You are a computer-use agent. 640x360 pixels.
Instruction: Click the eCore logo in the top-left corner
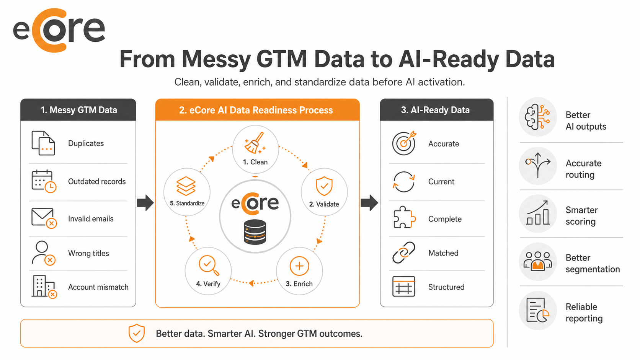tap(59, 30)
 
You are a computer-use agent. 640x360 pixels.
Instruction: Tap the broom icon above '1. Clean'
tap(255, 143)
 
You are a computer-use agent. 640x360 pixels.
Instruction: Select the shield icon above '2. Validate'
tap(324, 186)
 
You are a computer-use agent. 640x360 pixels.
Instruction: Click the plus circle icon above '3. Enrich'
tap(299, 266)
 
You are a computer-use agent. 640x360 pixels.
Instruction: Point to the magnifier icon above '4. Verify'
tap(209, 266)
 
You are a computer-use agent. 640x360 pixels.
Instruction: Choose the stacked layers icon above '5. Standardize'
tap(186, 186)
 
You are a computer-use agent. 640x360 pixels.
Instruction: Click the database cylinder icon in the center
tap(255, 232)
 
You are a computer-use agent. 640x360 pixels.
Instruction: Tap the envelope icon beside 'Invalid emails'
tap(44, 218)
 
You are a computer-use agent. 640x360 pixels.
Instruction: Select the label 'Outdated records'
tap(97, 182)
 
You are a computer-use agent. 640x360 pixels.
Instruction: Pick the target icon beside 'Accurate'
tap(404, 143)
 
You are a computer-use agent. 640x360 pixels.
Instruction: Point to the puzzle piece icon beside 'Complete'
tap(404, 217)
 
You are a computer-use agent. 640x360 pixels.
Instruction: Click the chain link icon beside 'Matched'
tap(404, 252)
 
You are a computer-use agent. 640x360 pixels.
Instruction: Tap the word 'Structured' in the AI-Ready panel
tap(446, 287)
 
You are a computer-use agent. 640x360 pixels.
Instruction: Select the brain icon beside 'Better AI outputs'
tap(537, 117)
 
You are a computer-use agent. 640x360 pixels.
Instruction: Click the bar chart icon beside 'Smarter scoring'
tap(537, 213)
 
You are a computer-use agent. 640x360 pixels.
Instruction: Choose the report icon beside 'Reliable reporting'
tap(537, 310)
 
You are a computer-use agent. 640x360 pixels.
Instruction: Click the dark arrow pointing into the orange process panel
tap(145, 203)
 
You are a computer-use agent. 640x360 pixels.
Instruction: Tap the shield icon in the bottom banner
tap(137, 333)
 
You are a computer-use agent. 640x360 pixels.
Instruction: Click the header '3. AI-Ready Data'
tap(435, 110)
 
